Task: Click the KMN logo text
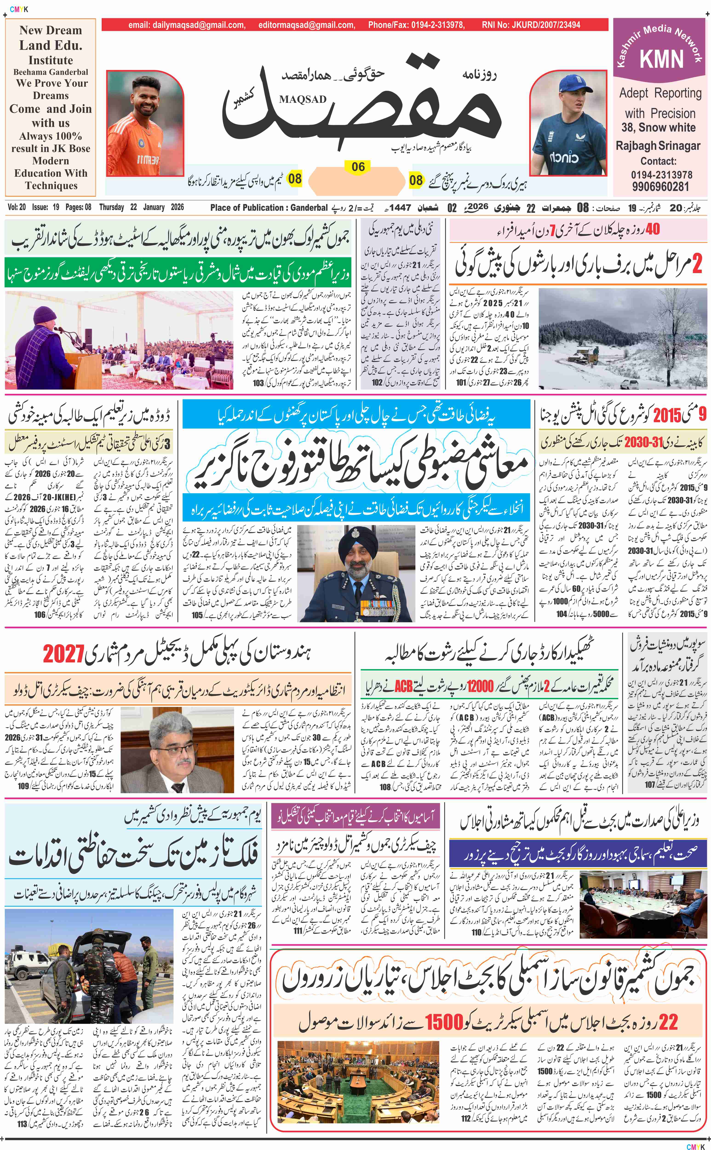tap(661, 60)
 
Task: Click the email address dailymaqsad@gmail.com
tap(187, 25)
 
